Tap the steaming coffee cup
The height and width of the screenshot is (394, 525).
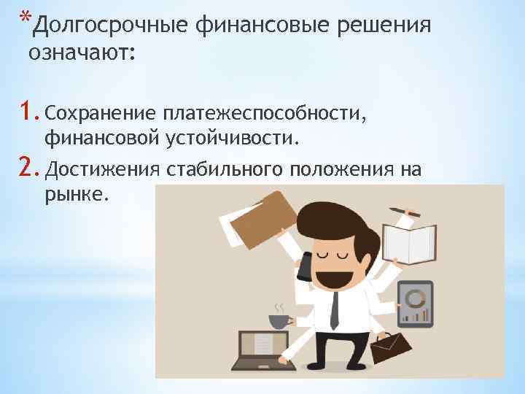point(278,320)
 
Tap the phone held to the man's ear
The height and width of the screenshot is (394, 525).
point(306,266)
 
